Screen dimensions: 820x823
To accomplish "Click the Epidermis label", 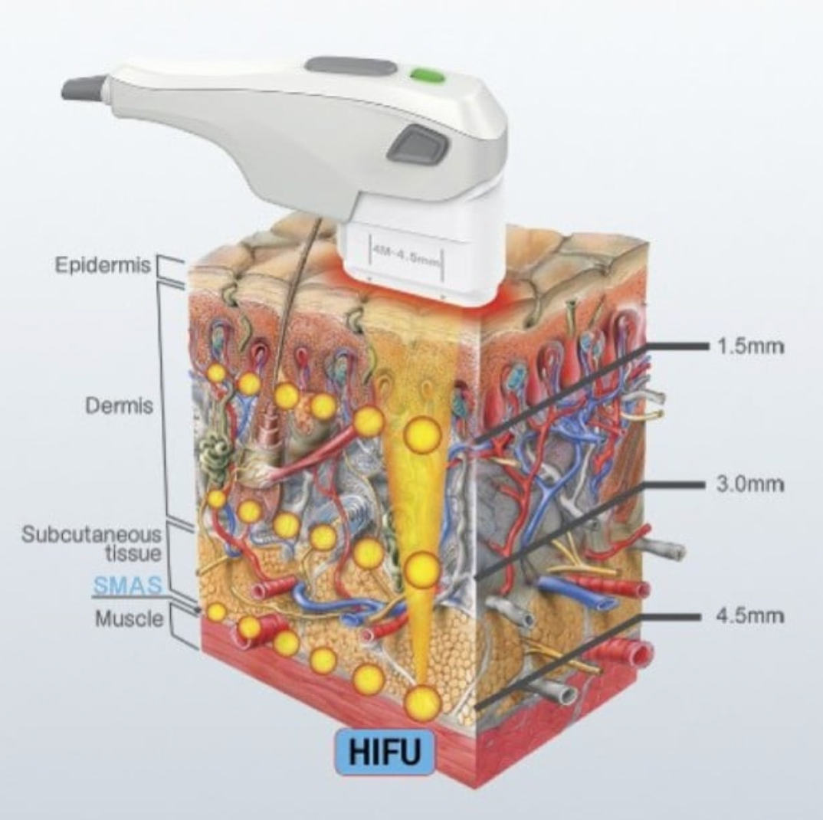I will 103,265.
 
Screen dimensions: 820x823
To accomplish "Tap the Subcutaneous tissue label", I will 91,543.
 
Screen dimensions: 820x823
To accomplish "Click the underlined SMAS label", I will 127,586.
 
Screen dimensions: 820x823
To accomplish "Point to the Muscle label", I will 129,618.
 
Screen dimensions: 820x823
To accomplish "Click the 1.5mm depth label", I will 750,346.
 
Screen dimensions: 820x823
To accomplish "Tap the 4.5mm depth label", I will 750,616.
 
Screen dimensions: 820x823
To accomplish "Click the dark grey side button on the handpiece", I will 417,145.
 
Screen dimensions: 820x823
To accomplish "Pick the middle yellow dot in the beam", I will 421,569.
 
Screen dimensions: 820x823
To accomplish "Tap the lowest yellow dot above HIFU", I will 422,703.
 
